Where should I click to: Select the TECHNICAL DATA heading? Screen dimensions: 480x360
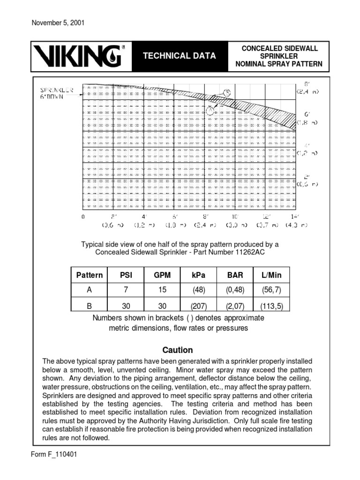pos(180,56)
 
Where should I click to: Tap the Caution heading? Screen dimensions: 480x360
pos(177,350)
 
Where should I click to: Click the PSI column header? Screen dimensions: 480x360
pos(125,275)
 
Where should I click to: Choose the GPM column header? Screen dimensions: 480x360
pos(162,275)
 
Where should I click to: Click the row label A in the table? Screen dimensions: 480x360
pos(89,290)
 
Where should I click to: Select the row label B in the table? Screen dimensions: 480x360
pos(89,306)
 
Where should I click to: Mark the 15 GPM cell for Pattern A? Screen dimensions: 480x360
pos(162,290)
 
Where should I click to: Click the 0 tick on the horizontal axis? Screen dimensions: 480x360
pos(83,217)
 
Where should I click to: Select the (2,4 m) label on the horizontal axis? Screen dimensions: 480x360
pos(205,225)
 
